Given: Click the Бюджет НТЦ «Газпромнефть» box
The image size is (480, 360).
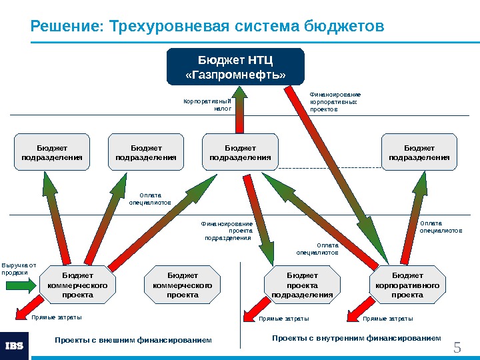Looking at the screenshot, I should tap(235, 67).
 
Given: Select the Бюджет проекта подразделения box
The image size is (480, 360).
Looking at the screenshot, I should tap(302, 285).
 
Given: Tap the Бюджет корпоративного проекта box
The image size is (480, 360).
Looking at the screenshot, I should tap(407, 285).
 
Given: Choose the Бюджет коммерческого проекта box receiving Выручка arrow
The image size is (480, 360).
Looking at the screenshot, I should tap(77, 285).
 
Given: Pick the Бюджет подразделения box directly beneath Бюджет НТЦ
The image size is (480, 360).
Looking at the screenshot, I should tap(240, 152).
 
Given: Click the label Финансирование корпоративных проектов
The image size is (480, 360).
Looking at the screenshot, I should tap(335, 101).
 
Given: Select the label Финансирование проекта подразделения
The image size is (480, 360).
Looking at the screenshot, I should tap(228, 231).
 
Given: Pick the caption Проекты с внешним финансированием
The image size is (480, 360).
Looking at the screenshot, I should tap(133, 341).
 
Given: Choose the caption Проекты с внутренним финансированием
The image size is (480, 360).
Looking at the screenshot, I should tap(357, 339).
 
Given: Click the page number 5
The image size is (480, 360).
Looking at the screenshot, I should tap(457, 347).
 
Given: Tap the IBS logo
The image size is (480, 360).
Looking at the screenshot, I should tap(15, 345).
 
